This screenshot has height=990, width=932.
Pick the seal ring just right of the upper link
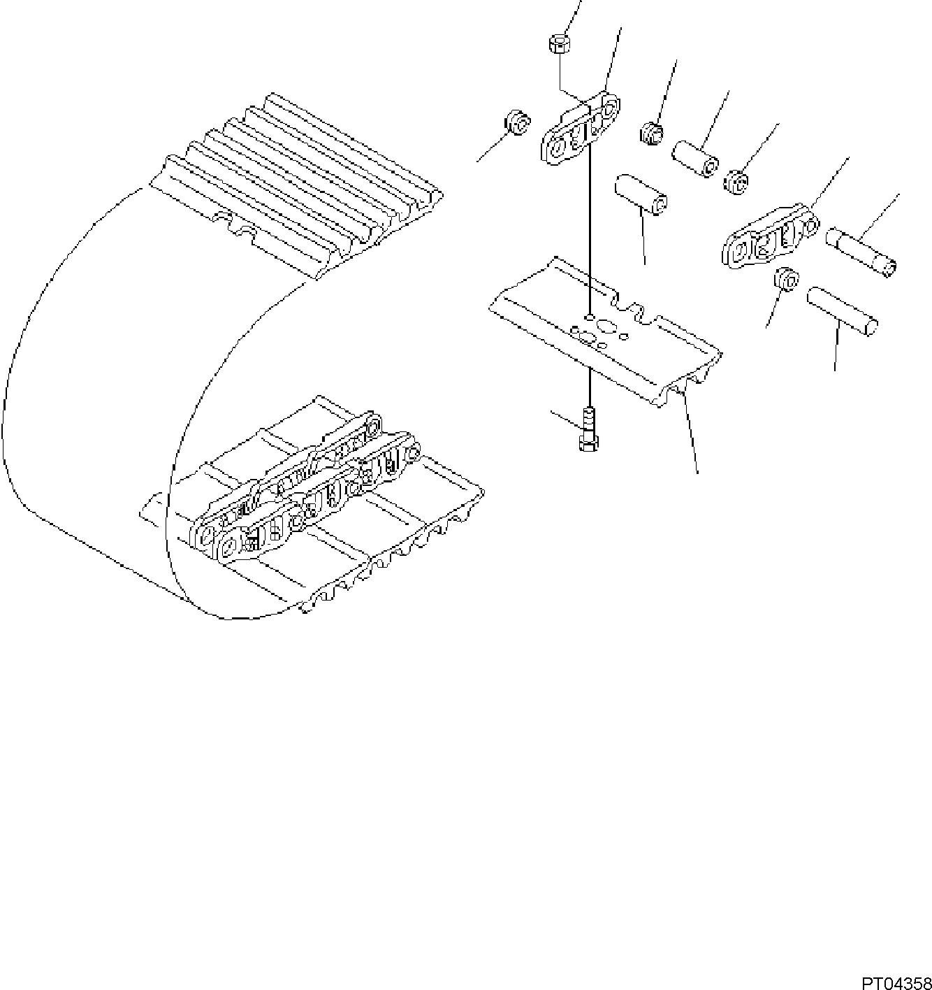pos(651,133)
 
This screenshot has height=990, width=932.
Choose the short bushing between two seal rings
pos(696,159)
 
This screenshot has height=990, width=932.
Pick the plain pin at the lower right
pos(843,308)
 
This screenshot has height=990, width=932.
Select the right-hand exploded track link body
pos(765,238)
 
